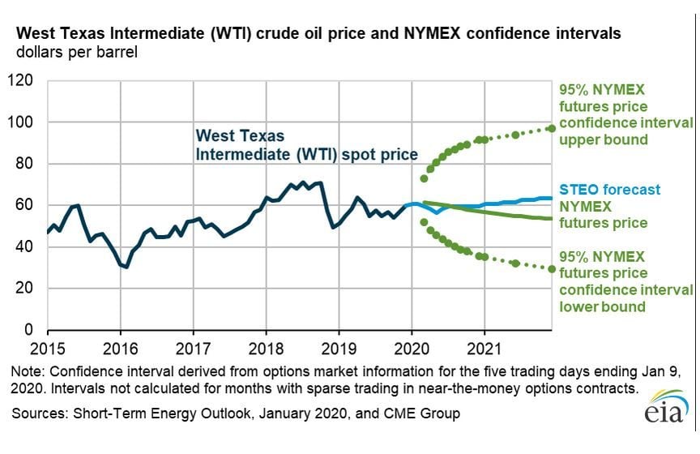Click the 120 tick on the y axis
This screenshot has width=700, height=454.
[x=22, y=80]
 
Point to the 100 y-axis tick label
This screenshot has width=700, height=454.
[x=22, y=122]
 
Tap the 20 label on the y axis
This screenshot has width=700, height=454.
[x=26, y=288]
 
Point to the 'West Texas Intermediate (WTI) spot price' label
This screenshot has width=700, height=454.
[x=306, y=144]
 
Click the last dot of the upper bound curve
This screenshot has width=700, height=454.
[x=552, y=128]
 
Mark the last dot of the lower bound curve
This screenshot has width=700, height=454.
[x=552, y=268]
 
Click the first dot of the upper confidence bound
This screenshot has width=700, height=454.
[x=424, y=178]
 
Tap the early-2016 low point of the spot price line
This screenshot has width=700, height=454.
[x=126, y=267]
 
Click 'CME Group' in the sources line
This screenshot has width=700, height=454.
[x=421, y=414]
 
